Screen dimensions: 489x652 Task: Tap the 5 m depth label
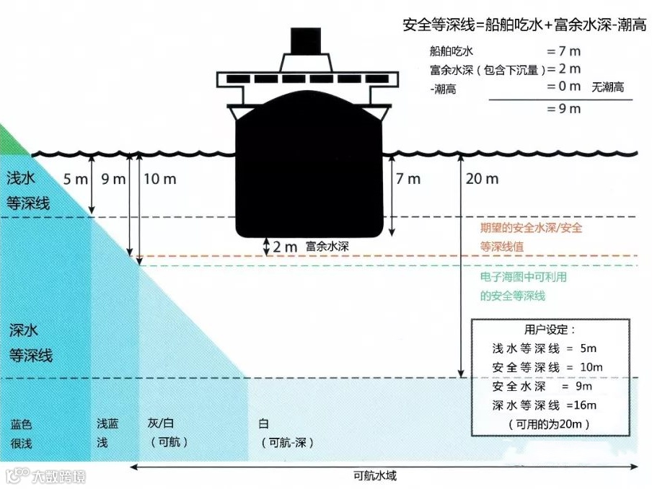75,178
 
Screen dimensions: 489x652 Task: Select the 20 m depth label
482,178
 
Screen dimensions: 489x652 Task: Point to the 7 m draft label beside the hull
408,178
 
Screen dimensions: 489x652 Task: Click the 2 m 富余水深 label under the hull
310,246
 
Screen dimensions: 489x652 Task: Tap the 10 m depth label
159,178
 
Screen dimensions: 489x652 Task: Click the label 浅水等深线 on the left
27,190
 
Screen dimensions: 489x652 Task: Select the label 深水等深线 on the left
30,343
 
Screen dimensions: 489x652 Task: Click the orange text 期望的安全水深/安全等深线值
531,237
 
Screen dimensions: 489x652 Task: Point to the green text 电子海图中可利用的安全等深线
523,286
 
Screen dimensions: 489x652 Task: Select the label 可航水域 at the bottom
375,476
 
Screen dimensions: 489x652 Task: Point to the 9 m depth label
114,178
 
